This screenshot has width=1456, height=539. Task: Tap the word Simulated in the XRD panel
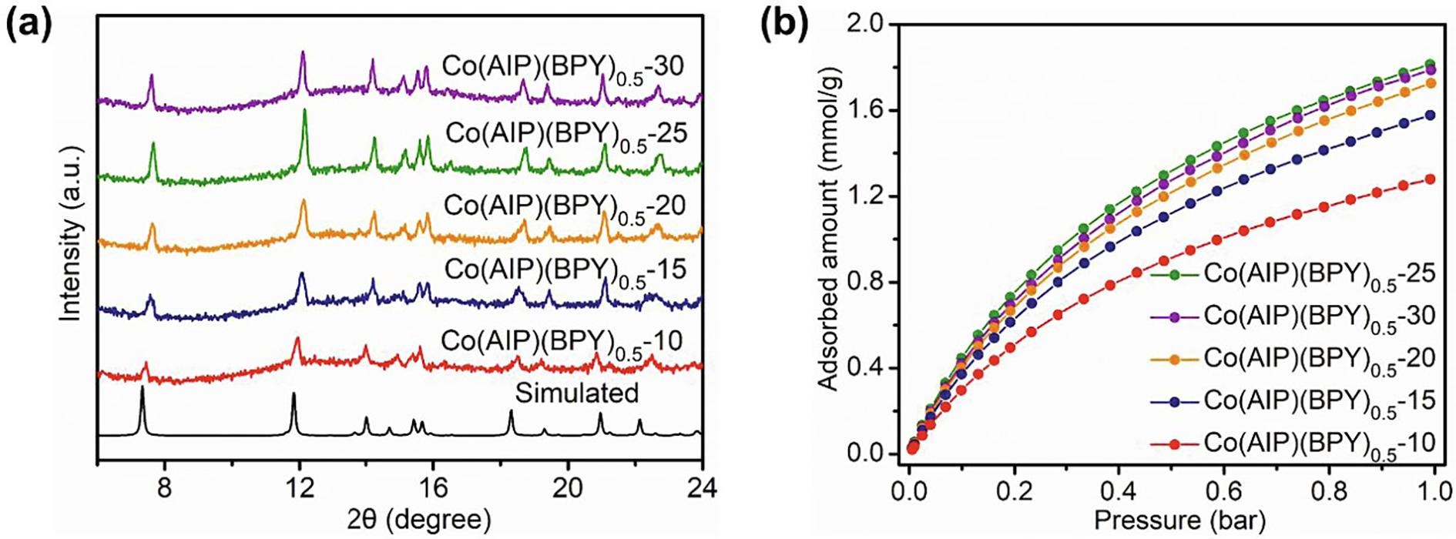click(577, 393)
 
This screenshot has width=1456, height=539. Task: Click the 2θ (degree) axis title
click(401, 518)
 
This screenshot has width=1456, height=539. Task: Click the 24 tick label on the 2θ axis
click(701, 488)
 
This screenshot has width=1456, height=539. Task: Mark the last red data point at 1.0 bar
click(1430, 179)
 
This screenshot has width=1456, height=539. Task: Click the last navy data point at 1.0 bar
click(1430, 115)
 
